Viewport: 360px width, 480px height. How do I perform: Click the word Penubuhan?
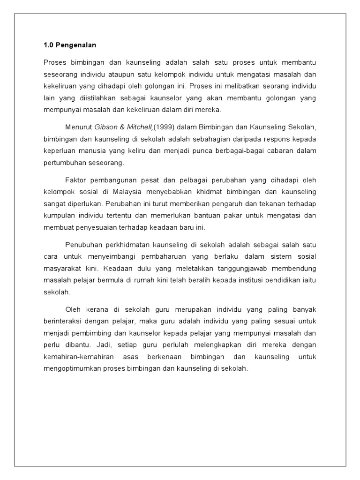[81, 244]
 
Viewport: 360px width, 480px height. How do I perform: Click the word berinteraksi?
[62, 321]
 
